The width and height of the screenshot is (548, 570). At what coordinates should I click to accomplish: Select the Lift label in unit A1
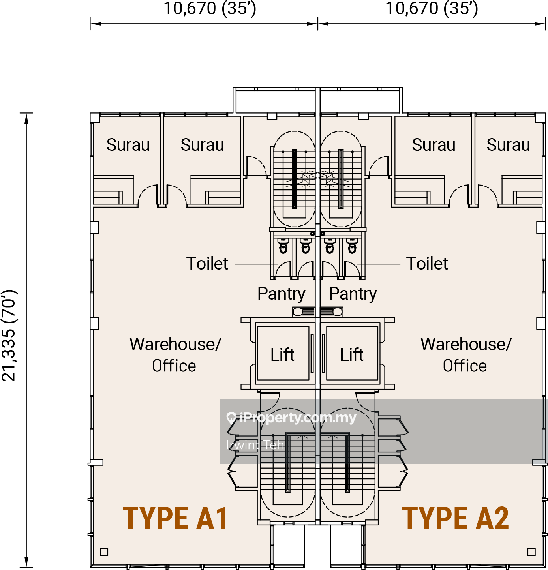pyautogui.click(x=282, y=355)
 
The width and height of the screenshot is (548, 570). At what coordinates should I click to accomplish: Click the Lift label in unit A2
pyautogui.click(x=351, y=355)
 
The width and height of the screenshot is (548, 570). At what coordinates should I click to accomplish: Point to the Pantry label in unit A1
pyautogui.click(x=281, y=294)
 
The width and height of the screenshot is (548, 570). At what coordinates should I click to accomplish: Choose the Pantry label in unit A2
pyautogui.click(x=353, y=294)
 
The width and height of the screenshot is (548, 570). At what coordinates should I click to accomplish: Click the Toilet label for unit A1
pyautogui.click(x=207, y=264)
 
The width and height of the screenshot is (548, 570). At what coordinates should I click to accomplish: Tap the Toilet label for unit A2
pyautogui.click(x=427, y=264)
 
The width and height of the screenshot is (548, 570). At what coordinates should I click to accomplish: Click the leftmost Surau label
pyautogui.click(x=128, y=145)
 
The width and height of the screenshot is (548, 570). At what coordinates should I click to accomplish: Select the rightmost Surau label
pyautogui.click(x=508, y=145)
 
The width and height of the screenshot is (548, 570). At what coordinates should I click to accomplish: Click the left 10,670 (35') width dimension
pyautogui.click(x=210, y=9)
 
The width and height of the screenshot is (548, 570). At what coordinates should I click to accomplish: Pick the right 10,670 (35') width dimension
pyautogui.click(x=432, y=9)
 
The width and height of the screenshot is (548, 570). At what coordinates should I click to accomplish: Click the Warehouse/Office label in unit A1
pyautogui.click(x=175, y=355)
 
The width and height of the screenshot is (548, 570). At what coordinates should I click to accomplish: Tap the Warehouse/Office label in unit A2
pyautogui.click(x=466, y=355)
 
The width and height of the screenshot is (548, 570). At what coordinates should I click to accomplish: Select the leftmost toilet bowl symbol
pyautogui.click(x=283, y=246)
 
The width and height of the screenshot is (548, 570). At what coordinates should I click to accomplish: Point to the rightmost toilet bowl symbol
pyautogui.click(x=352, y=246)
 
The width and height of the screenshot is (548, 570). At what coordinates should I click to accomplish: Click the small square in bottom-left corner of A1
pyautogui.click(x=104, y=552)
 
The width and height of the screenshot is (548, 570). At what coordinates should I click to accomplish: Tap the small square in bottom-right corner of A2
pyautogui.click(x=531, y=552)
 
